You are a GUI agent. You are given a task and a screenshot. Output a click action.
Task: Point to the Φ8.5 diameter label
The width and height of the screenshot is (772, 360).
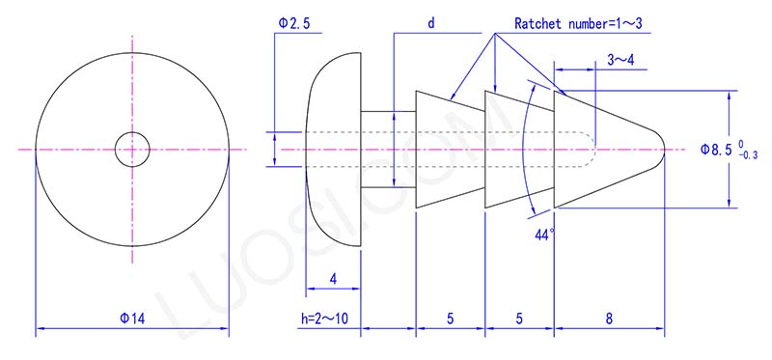[716, 150]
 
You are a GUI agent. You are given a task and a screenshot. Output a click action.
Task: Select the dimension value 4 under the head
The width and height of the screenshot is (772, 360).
[333, 279]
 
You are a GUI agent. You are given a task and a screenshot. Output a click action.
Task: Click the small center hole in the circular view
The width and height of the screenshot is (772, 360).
[131, 150]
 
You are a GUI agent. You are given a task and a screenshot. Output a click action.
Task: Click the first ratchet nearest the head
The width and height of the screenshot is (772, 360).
[449, 150]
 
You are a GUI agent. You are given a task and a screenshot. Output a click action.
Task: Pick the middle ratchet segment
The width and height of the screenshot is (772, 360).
[517, 150]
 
